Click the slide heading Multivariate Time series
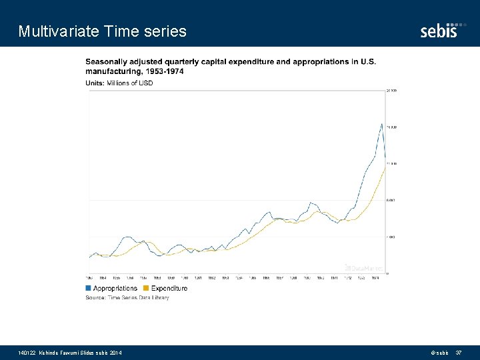(x=103, y=31)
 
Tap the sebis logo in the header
(x=439, y=30)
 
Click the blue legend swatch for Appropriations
(x=89, y=288)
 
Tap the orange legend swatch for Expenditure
(x=147, y=288)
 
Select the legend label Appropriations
(x=115, y=288)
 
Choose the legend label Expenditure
(x=169, y=288)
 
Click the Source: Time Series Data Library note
(x=127, y=297)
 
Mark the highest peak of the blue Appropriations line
(x=381, y=124)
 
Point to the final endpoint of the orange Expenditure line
(x=386, y=168)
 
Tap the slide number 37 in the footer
(x=459, y=352)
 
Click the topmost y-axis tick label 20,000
(x=392, y=90)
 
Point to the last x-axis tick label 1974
(x=375, y=277)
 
